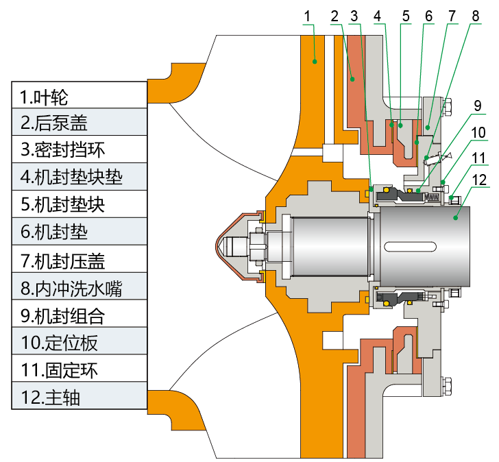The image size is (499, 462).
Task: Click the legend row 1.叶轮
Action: click(79, 95)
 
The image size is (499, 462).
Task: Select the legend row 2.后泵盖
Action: click(79, 122)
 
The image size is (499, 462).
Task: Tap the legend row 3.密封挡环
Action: click(79, 149)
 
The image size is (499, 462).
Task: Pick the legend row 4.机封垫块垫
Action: click(79, 177)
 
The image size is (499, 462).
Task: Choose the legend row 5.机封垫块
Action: click(79, 204)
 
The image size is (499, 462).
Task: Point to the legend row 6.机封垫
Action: click(79, 232)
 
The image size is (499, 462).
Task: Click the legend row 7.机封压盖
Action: click(79, 260)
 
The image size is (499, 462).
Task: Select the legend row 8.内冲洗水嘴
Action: click(79, 287)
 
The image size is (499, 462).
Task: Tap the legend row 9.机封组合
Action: click(79, 315)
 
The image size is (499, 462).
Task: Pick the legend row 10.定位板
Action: click(79, 342)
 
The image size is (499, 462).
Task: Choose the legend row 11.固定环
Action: click(79, 369)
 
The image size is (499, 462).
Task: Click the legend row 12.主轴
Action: click(79, 397)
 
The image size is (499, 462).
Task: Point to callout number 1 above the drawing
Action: click(308, 15)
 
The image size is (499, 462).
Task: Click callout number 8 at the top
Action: click(475, 15)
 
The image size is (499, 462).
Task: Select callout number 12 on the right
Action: click(478, 181)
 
